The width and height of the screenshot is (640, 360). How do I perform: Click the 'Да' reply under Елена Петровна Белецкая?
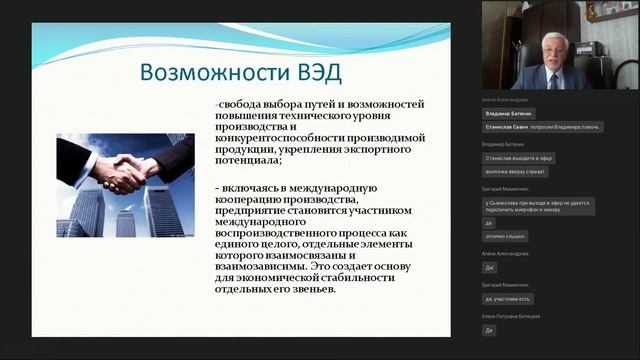pyautogui.click(x=489, y=329)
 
